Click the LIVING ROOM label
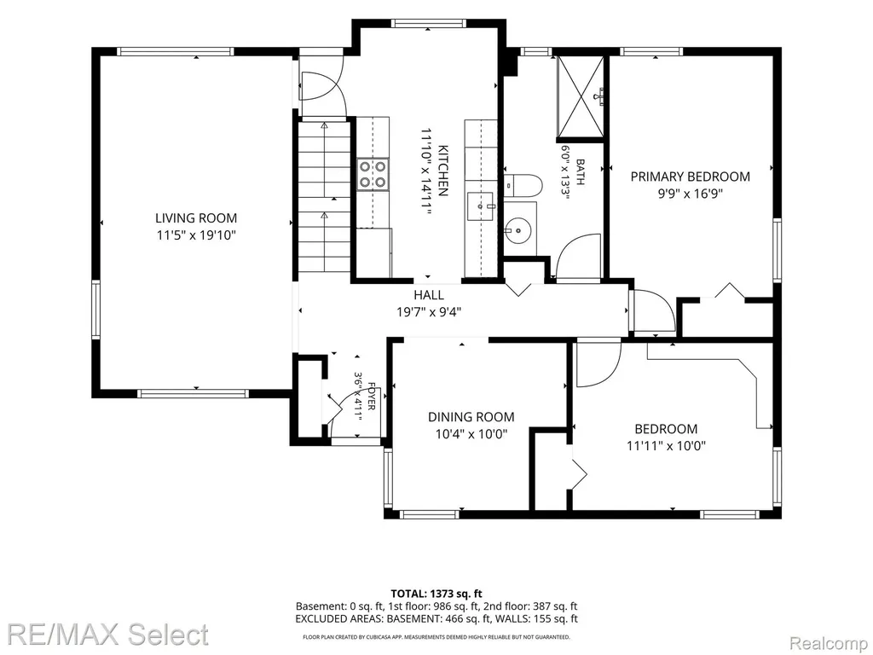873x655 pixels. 196,217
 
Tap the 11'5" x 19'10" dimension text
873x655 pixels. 197,235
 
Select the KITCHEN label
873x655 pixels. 443,171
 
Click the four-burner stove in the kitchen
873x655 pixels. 373,174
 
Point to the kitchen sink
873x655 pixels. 481,206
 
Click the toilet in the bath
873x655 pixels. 523,185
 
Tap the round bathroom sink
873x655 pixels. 517,229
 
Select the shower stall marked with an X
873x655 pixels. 580,96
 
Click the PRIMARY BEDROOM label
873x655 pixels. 690,177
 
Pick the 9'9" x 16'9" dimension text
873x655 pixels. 691,194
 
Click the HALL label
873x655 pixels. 429,294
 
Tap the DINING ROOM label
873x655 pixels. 471,416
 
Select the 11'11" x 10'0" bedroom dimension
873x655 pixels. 666,445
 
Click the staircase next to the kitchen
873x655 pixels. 325,198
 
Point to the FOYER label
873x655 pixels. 371,396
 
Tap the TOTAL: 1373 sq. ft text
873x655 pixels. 436,594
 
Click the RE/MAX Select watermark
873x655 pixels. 108,635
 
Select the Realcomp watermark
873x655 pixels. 829,644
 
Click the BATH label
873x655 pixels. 580,172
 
